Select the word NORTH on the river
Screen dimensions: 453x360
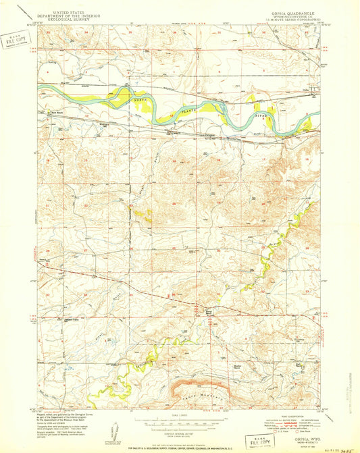138,99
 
